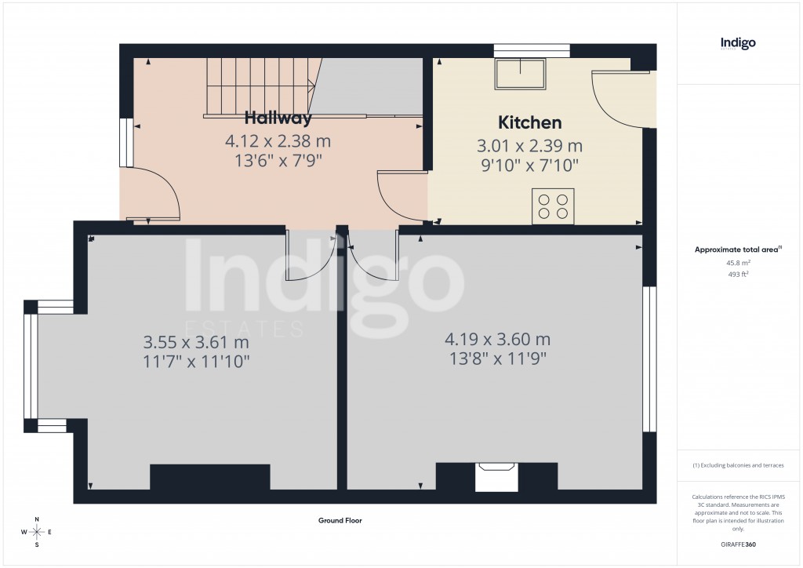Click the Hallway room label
[x=278, y=118]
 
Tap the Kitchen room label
[x=530, y=122]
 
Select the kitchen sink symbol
[x=519, y=74]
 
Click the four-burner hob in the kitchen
[x=552, y=206]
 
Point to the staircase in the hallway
[x=259, y=87]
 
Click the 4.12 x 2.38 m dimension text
[x=278, y=142]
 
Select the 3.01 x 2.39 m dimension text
[x=530, y=146]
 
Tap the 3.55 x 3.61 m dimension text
[x=196, y=343]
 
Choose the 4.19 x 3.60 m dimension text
[x=497, y=340]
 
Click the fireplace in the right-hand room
[x=496, y=475]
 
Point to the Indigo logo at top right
[x=738, y=44]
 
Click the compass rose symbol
[x=37, y=532]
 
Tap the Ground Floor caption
[x=340, y=520]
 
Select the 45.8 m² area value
[x=738, y=264]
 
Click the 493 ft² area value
[x=738, y=275]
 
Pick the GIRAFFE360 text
[x=738, y=544]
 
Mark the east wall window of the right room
[x=649, y=359]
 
